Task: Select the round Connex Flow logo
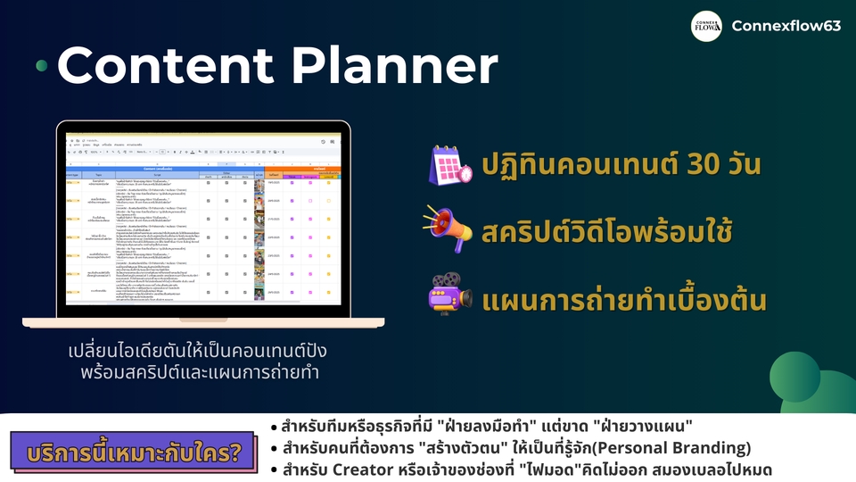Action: pos(706,26)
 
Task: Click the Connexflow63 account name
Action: pos(786,26)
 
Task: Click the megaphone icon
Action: pos(449,230)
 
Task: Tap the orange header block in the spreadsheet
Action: pos(302,168)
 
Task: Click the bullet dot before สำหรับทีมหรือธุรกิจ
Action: pos(274,426)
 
